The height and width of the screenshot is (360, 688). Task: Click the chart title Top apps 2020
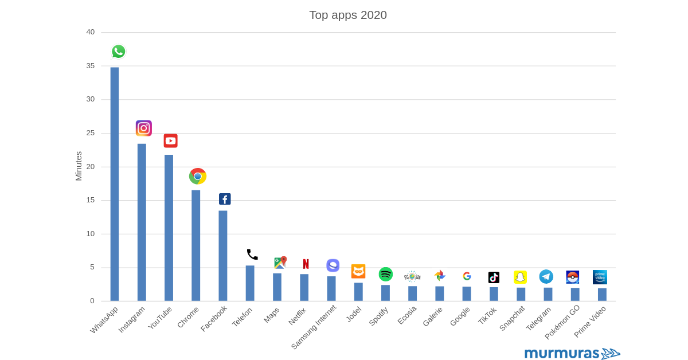[347, 15]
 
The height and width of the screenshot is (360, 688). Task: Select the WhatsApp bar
[115, 183]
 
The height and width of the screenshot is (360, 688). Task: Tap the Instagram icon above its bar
[143, 128]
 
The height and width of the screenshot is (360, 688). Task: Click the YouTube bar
[169, 228]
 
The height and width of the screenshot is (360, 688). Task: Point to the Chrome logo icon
[198, 176]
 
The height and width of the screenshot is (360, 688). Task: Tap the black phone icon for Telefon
[252, 255]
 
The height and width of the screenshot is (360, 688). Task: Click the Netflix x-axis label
[298, 316]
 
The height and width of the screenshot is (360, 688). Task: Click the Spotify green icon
[386, 275]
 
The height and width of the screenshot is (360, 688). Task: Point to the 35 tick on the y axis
[91, 66]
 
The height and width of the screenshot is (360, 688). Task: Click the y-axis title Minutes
[79, 166]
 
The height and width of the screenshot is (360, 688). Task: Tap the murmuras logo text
[562, 353]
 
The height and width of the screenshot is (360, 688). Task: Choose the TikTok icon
[494, 277]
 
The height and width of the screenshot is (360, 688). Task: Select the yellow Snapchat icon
[520, 277]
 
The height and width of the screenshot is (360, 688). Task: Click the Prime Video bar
[602, 295]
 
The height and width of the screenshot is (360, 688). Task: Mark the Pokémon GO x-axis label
[562, 322]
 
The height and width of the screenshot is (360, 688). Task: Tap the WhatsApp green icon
[119, 52]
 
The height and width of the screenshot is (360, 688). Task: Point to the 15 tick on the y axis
[91, 200]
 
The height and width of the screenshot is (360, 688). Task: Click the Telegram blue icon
[546, 277]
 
